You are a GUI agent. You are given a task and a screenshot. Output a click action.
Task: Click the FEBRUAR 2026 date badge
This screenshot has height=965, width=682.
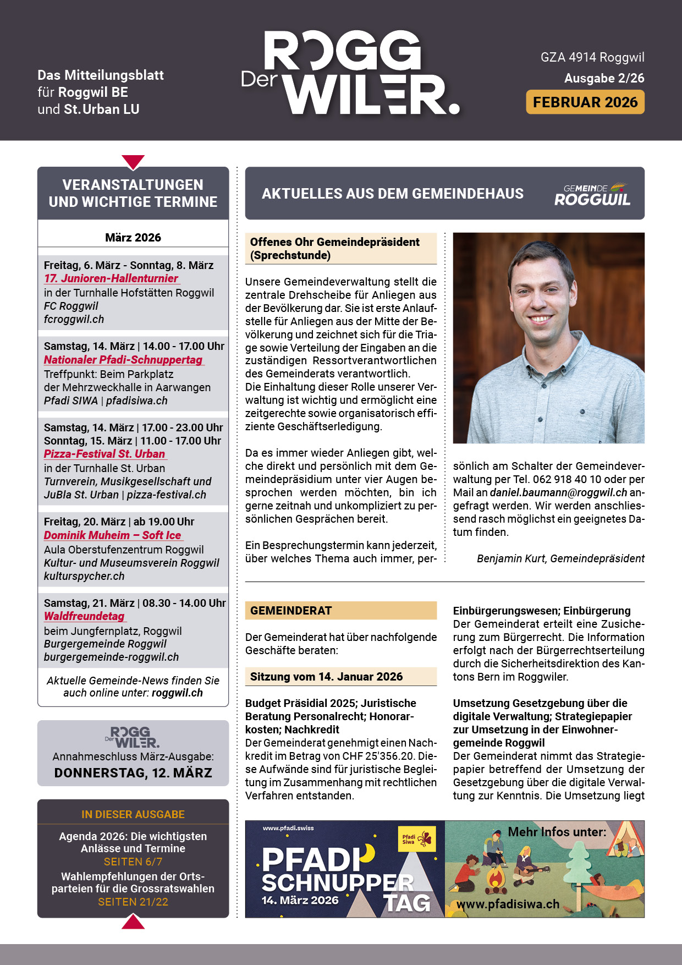coord(585,102)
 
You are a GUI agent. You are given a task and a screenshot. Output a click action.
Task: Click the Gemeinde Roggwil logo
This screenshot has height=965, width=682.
coord(592,194)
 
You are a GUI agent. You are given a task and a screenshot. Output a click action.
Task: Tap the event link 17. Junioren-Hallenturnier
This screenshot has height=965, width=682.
coord(111,278)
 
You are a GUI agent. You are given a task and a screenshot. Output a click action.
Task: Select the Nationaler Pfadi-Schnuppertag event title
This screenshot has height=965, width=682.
coord(123,360)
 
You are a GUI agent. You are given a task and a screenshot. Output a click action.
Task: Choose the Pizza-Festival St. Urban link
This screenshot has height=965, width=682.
coord(105,454)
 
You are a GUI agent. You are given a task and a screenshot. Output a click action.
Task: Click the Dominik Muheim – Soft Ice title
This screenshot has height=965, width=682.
coord(113,535)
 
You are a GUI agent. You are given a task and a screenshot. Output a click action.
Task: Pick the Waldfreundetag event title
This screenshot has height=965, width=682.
coord(84,616)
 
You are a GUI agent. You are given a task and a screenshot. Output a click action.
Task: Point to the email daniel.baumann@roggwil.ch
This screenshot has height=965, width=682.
coord(558,492)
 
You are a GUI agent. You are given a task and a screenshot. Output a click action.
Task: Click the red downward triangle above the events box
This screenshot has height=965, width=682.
coord(133,162)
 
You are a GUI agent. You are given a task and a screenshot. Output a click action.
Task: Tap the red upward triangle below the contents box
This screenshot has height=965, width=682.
coord(133,922)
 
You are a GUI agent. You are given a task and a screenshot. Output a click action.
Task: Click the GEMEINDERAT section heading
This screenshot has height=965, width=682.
coord(291,611)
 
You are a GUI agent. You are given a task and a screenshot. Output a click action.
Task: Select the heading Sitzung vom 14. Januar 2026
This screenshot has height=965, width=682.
coord(326,677)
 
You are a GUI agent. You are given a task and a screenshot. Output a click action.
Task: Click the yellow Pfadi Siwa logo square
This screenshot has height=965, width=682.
coord(416,840)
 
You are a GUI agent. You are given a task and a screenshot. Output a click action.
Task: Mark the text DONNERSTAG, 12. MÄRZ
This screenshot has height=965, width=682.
coord(133,773)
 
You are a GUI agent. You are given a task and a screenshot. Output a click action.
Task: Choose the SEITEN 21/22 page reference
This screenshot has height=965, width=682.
coord(133,902)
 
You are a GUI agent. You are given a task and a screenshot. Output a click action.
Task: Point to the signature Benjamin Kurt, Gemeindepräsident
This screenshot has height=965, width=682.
coord(560,558)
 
